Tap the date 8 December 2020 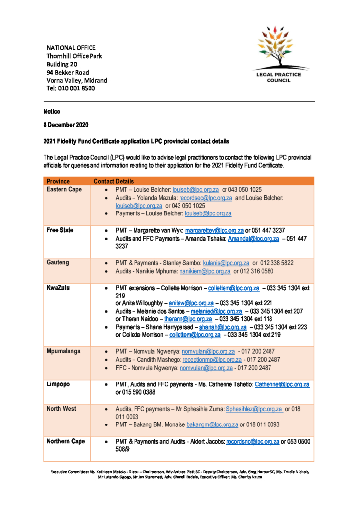click(x=66, y=125)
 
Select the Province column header click(x=58, y=181)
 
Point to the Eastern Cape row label click(x=64, y=190)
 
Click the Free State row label click(x=60, y=230)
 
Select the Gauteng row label click(x=58, y=263)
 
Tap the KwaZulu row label click(x=58, y=287)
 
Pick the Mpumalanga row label click(x=64, y=351)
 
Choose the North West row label click(x=61, y=409)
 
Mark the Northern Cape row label click(x=66, y=441)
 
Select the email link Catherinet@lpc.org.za click(x=282, y=384)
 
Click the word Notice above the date click(x=51, y=112)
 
